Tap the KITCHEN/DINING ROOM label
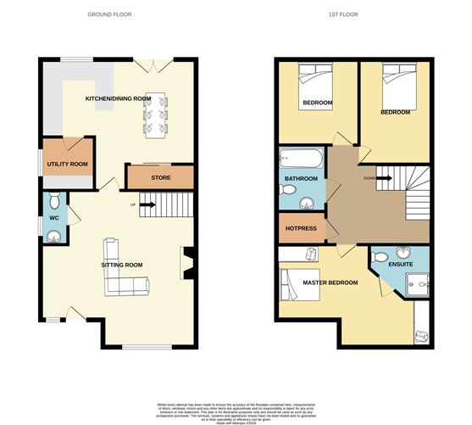pyautogui.click(x=118, y=98)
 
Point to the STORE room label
pyautogui.click(x=160, y=177)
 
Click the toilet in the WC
pyautogui.click(x=54, y=201)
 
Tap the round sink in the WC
pyautogui.click(x=54, y=235)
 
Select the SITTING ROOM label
pyautogui.click(x=122, y=265)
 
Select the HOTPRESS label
pyautogui.click(x=301, y=228)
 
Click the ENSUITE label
pyautogui.click(x=400, y=265)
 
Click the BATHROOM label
pyautogui.click(x=301, y=179)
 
